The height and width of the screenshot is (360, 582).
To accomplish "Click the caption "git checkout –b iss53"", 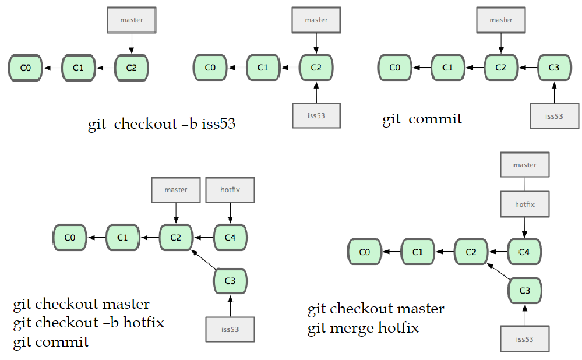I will [162, 124].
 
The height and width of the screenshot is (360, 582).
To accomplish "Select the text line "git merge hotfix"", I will [363, 328].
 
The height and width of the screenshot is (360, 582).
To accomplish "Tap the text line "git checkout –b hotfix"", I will [88, 322].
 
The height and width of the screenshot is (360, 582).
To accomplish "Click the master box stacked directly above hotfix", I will [524, 165].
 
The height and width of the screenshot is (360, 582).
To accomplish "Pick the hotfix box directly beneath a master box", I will [524, 204].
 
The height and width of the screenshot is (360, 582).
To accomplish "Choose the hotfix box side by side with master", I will [230, 190].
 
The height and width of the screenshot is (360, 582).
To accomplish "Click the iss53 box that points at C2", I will [316, 115].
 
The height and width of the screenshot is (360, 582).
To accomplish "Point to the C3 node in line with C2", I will [553, 68].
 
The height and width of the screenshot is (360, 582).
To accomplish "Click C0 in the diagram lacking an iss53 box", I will [25, 68].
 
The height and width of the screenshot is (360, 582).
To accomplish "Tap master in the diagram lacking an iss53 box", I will [131, 20].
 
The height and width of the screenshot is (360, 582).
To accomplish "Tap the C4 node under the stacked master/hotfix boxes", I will [524, 252].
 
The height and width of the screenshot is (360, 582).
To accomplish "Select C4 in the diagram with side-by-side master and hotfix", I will [230, 237].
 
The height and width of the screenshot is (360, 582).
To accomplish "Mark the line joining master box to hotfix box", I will [524, 185].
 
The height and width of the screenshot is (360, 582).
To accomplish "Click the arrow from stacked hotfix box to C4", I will [524, 227].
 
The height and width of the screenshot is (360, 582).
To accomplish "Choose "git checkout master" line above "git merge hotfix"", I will [376, 309].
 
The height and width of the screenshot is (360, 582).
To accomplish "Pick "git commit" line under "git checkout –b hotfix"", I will [51, 341].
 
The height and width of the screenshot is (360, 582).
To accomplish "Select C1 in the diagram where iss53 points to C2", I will [263, 68].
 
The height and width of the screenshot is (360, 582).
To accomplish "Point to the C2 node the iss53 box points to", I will [316, 68].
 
